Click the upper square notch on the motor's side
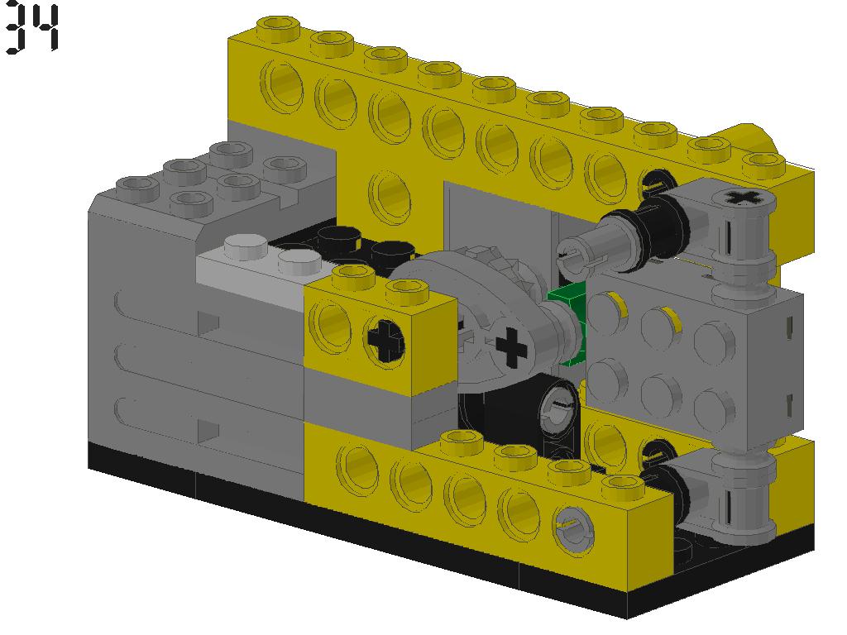click(209, 323)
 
